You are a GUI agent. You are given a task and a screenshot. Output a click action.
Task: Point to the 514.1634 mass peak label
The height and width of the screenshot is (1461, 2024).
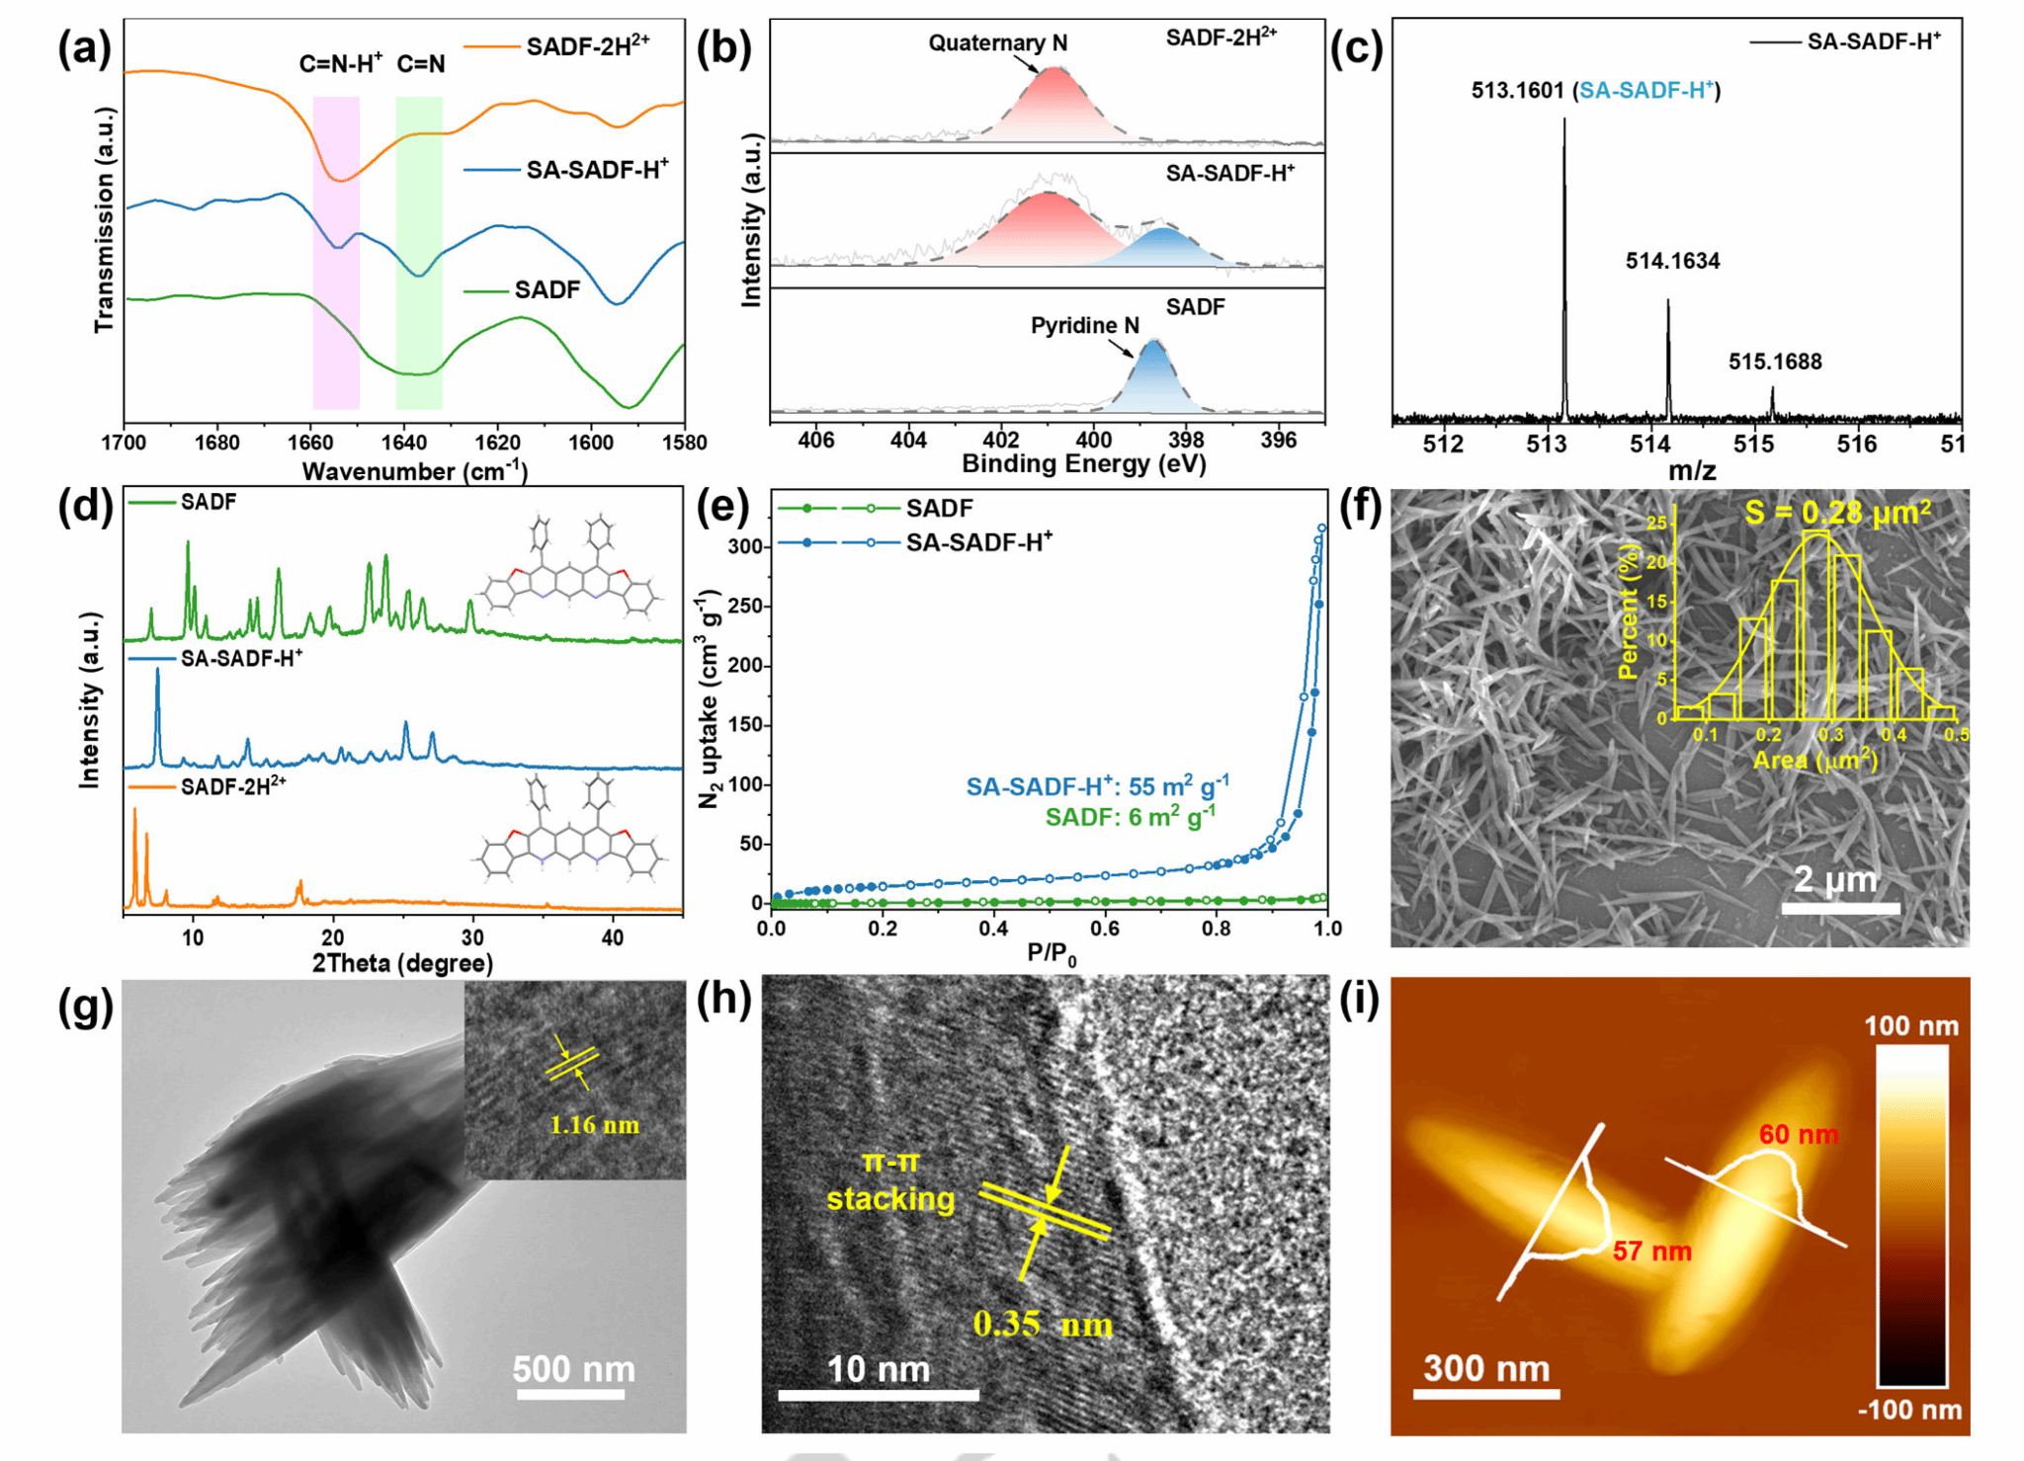tap(1672, 262)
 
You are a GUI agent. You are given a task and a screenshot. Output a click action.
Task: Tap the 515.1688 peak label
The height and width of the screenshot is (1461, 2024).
tap(1774, 363)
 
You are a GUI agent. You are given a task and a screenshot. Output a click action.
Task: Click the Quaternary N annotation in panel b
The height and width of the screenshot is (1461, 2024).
tap(997, 43)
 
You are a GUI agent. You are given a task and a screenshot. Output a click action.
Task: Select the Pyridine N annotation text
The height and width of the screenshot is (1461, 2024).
tap(1084, 326)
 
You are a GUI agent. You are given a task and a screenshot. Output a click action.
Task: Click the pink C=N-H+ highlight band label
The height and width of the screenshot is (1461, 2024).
tap(340, 65)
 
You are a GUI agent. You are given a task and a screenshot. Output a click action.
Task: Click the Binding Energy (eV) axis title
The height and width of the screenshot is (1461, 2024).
tap(1083, 464)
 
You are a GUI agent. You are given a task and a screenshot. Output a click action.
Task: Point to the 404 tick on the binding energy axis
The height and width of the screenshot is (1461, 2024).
tap(908, 441)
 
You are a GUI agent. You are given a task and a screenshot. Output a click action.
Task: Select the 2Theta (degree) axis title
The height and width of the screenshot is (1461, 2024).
tap(402, 963)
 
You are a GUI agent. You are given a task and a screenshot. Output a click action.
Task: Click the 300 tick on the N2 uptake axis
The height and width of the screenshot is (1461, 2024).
tap(745, 547)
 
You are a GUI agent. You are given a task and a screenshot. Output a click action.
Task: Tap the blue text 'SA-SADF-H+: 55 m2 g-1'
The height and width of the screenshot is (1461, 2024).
tap(1097, 786)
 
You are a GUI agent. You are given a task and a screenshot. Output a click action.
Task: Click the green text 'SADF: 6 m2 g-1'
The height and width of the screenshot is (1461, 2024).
tap(1130, 817)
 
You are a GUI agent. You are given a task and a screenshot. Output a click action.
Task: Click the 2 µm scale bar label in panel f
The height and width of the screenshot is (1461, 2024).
tap(1834, 879)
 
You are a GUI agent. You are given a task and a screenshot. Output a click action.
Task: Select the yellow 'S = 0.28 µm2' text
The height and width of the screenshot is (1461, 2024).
tap(1837, 513)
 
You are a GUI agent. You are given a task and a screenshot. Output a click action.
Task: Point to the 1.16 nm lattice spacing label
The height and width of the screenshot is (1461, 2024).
tap(594, 1125)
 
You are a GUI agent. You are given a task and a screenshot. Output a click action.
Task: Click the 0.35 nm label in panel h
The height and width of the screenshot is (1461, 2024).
tap(1043, 1324)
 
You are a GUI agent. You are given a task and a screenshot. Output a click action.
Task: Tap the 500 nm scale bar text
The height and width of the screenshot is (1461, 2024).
tap(573, 1369)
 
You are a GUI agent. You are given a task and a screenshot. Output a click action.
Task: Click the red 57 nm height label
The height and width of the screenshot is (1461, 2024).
tap(1651, 1252)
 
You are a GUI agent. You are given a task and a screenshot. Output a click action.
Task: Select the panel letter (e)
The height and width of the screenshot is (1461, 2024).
tap(723, 508)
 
